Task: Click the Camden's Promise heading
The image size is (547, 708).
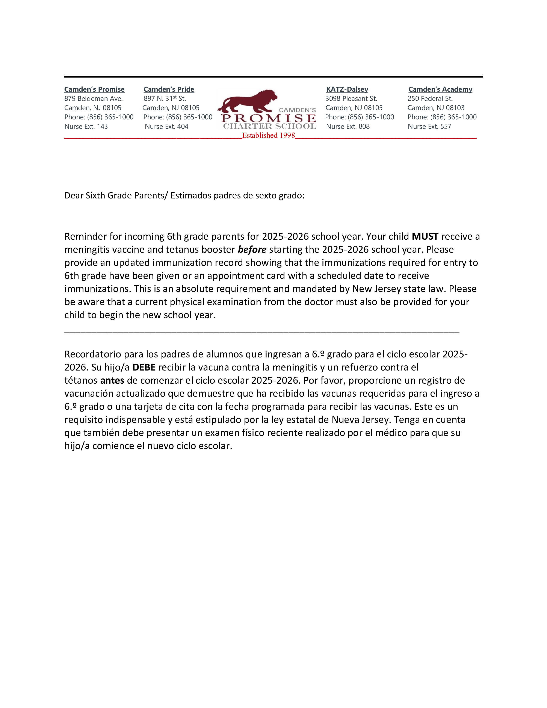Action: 94,89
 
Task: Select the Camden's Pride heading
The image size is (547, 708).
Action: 169,89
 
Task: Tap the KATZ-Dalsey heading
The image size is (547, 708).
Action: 347,89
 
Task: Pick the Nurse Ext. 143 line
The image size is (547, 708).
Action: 86,126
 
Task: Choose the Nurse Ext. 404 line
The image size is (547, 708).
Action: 166,126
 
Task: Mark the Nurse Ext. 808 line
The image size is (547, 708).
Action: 348,126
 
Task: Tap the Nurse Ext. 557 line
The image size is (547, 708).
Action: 429,126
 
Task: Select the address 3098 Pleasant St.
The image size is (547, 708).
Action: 351,98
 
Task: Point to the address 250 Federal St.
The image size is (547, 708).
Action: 430,98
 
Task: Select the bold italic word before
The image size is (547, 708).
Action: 252,250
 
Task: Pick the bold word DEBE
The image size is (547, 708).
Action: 144,367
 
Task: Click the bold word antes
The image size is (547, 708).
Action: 112,380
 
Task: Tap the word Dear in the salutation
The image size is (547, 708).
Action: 74,195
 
